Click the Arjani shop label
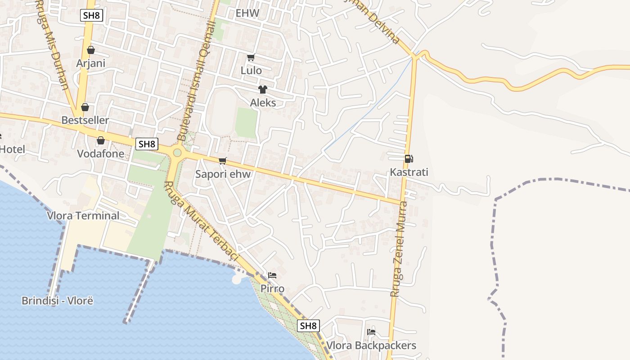click(90, 63)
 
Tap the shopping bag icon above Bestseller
click(85, 107)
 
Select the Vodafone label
click(100, 153)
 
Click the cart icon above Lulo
click(251, 57)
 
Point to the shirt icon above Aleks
click(262, 90)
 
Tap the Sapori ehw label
click(223, 174)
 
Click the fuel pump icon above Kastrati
click(409, 158)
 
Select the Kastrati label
click(409, 172)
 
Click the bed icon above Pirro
click(272, 275)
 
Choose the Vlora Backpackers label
click(371, 346)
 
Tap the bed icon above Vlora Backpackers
click(371, 332)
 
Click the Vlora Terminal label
click(83, 216)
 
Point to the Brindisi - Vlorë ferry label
click(57, 301)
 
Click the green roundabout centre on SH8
click(177, 153)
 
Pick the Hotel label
click(12, 149)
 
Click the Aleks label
click(263, 103)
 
